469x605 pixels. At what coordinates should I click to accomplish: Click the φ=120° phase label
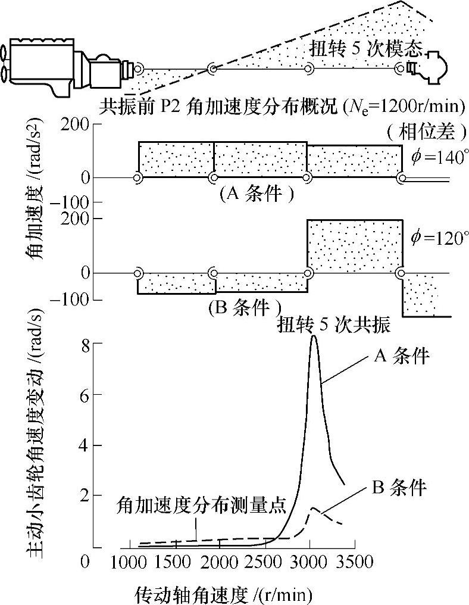436,238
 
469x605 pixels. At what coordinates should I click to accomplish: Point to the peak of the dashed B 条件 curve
314,509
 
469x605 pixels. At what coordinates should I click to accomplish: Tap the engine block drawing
42,60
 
